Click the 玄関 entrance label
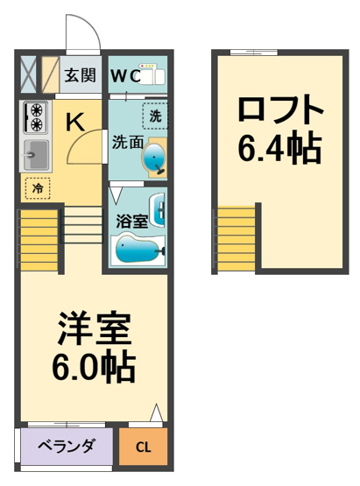point(80,75)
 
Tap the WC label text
point(125,76)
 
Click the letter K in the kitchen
point(75,122)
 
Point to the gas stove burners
point(36,117)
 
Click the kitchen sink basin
point(36,155)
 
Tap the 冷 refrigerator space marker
point(38,188)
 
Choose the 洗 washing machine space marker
point(155,116)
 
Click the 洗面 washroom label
point(127,143)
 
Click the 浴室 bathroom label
point(131,222)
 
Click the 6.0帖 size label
point(94,367)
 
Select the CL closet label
point(144,447)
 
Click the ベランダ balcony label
point(66,446)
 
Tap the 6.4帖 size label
point(279,148)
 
